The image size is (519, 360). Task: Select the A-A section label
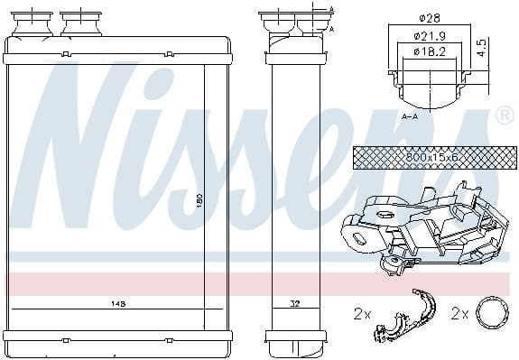coord(409,116)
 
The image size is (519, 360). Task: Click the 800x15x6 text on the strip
coord(432,157)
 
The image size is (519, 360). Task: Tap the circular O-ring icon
coord(491,313)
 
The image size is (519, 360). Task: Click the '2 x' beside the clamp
coord(363,314)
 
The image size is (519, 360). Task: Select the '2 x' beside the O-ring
coord(459,314)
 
